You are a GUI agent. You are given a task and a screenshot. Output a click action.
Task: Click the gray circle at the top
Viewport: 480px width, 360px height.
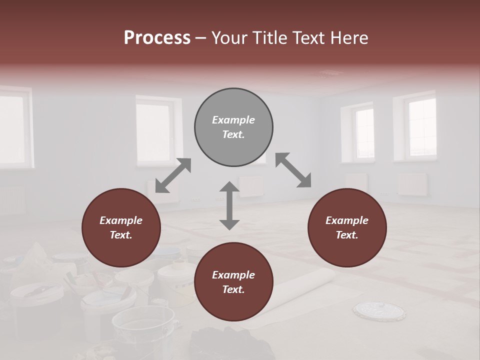tap(233, 127)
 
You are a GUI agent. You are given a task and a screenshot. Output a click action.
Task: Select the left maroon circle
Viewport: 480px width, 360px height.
tap(121, 228)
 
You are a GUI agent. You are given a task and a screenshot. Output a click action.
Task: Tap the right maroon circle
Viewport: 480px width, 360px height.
tap(347, 228)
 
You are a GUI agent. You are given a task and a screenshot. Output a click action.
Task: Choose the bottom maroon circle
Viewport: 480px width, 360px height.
tap(233, 282)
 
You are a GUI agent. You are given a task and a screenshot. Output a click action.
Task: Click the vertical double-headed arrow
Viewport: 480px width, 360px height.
tap(229, 205)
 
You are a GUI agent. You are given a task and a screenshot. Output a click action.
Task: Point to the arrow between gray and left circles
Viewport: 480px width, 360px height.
tap(173, 175)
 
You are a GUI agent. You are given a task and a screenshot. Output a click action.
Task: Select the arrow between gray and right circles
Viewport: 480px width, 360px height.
tap(293, 170)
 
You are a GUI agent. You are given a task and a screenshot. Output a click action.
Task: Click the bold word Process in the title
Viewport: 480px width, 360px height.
tap(157, 37)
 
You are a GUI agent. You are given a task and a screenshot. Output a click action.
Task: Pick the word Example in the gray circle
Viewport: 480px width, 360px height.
tap(233, 120)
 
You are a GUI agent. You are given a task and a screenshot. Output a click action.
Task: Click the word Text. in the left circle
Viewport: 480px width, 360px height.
tap(121, 235)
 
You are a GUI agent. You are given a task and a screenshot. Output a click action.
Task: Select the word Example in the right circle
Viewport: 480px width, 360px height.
tap(347, 220)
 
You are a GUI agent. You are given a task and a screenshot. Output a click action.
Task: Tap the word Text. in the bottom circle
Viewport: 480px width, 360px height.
tap(233, 289)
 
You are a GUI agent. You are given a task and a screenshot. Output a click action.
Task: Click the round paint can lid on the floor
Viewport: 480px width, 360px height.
tap(378, 310)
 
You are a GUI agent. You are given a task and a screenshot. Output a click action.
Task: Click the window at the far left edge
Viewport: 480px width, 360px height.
tap(12, 127)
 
